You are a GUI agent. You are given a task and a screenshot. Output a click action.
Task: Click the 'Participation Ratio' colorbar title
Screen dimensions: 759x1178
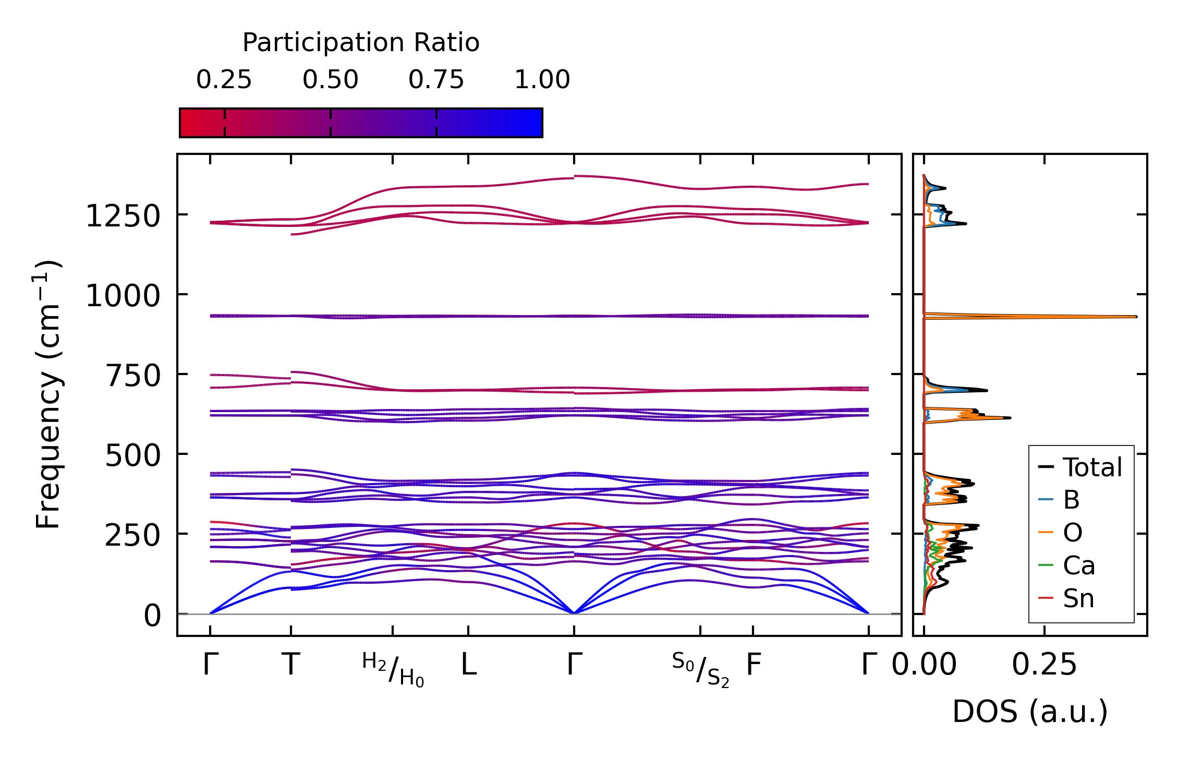pyautogui.click(x=361, y=43)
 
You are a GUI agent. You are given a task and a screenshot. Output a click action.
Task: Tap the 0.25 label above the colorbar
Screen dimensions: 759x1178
pyautogui.click(x=224, y=80)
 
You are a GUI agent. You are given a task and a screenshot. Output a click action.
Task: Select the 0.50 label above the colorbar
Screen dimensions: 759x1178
pyautogui.click(x=330, y=80)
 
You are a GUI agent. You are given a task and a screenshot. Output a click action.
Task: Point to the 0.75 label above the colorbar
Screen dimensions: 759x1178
pyautogui.click(x=436, y=80)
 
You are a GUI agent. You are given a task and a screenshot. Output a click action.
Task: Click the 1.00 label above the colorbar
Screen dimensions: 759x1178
pyautogui.click(x=542, y=80)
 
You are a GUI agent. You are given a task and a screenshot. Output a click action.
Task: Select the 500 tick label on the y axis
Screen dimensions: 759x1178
pyautogui.click(x=132, y=456)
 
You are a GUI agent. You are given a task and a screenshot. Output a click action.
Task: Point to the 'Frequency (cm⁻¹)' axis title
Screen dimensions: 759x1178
pyautogui.click(x=48, y=394)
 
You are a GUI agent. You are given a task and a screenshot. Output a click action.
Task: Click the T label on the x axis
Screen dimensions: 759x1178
pyautogui.click(x=291, y=665)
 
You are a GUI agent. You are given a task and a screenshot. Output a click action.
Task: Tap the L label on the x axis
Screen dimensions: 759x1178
pyautogui.click(x=469, y=665)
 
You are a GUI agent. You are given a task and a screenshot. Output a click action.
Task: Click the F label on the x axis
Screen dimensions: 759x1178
pyautogui.click(x=754, y=665)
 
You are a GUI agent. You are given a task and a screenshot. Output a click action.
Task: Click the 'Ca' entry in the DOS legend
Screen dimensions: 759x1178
pyautogui.click(x=1078, y=566)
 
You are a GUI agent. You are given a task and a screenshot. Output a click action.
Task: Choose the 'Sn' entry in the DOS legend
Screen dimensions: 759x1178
pyautogui.click(x=1078, y=598)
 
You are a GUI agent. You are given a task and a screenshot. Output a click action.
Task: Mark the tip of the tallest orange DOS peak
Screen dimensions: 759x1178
pyautogui.click(x=1136, y=317)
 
